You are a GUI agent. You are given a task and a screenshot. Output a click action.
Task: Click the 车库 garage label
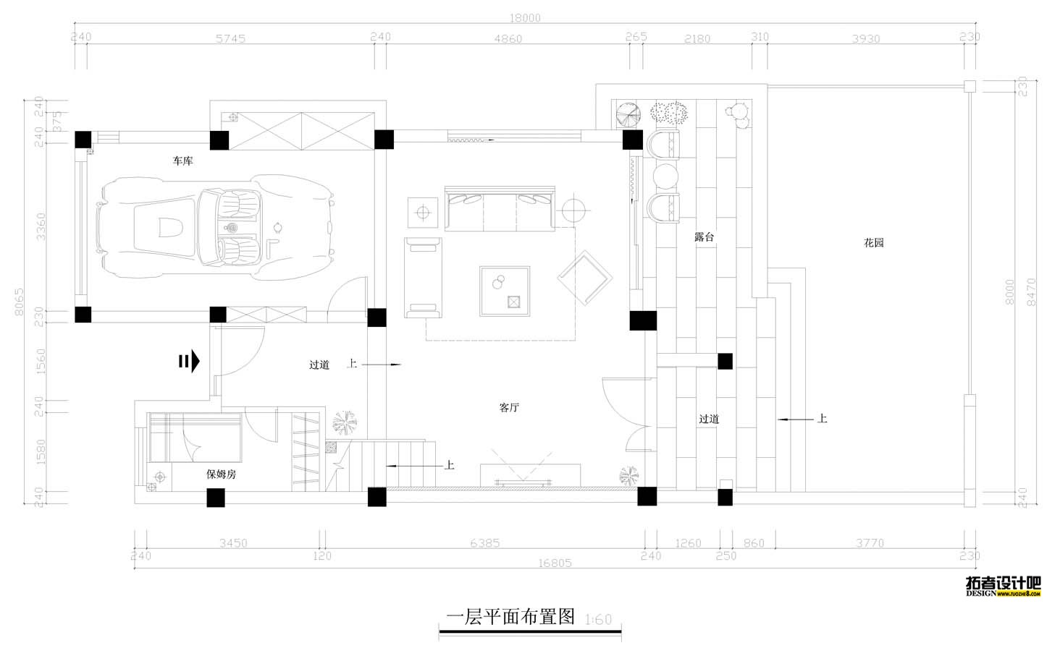tap(182, 161)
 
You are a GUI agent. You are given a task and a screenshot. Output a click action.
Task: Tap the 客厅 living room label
tap(509, 407)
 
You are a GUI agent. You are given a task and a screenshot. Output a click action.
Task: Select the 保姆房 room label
tap(221, 474)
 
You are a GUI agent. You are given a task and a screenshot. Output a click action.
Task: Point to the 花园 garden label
tap(874, 243)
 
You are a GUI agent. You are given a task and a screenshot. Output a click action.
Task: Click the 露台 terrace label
tap(704, 237)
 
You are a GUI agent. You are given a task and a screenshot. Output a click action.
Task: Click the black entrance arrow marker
tap(190, 361)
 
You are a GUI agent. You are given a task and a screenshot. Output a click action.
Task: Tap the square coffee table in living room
tap(505, 291)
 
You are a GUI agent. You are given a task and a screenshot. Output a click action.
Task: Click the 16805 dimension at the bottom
tap(555, 563)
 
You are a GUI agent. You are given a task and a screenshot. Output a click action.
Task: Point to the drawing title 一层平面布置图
tap(510, 617)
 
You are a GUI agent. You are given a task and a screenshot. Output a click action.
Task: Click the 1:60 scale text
tap(598, 620)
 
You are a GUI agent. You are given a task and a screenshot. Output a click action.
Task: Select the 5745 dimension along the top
tap(230, 38)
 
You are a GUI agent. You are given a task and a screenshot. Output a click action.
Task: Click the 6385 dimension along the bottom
tap(484, 542)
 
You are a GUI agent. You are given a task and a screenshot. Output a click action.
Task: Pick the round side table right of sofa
tap(573, 210)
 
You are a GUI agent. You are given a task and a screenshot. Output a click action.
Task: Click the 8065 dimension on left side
tap(20, 301)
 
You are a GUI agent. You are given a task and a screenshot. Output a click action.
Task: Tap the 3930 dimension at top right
tap(865, 38)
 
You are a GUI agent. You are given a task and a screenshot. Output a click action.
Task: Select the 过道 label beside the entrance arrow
tap(319, 365)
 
